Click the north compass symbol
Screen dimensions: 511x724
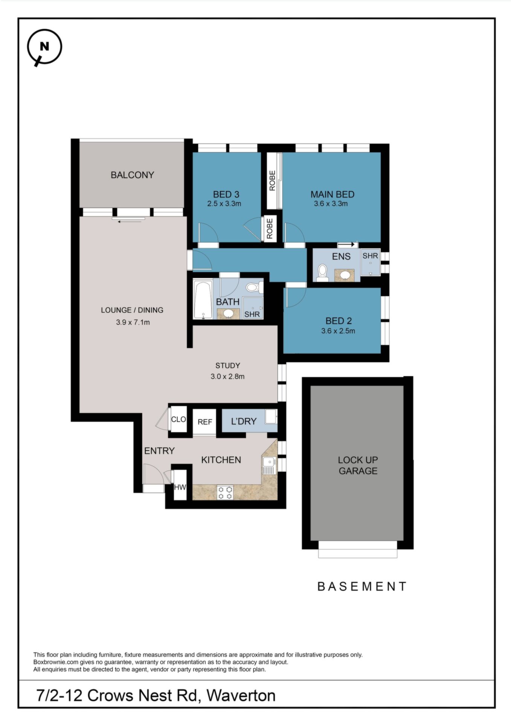tap(44, 47)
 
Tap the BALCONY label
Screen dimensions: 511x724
tap(132, 175)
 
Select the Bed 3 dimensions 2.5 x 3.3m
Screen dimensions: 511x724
tap(224, 204)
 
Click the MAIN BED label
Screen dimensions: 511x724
tap(332, 195)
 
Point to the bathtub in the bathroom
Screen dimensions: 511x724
tap(203, 300)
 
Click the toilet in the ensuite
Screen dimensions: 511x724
tap(322, 273)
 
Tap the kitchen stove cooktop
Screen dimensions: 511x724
tap(225, 493)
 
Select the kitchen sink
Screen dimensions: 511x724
tap(269, 466)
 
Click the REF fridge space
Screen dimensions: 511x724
tap(205, 422)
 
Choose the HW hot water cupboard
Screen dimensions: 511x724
tap(180, 487)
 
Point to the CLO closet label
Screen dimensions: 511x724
tap(178, 419)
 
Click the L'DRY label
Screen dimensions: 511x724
tap(244, 421)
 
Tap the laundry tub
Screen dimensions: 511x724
tap(271, 417)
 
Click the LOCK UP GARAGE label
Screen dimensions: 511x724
tap(358, 465)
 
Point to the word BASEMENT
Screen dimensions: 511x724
tap(362, 586)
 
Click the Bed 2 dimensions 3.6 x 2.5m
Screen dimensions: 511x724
tap(338, 331)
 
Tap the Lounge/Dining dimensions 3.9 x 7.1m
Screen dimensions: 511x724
tap(133, 322)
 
